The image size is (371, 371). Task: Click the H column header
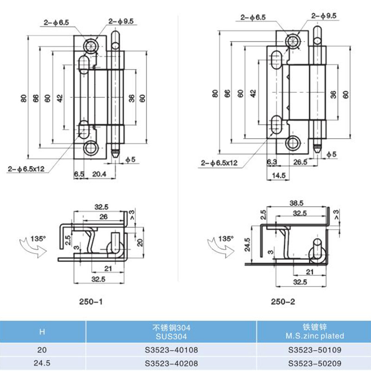(43, 331)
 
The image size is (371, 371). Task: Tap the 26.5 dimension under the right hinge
(300, 162)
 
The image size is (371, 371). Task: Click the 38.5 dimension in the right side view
(296, 203)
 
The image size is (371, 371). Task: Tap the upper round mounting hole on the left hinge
(90, 45)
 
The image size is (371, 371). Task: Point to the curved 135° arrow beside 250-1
(31, 246)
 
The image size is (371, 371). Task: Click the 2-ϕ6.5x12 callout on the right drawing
(219, 163)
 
